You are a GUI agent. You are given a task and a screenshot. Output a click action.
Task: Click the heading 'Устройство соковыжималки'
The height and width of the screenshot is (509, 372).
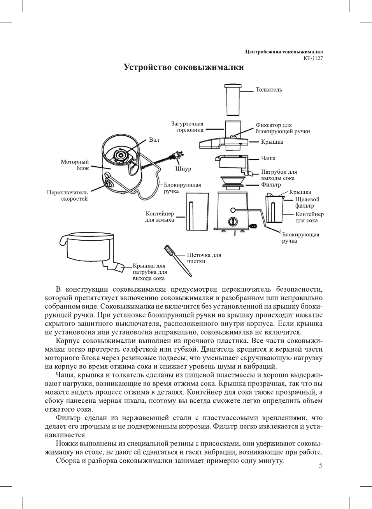pos(184,67)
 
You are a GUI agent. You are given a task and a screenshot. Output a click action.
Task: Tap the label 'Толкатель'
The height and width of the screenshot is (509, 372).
pos(268,90)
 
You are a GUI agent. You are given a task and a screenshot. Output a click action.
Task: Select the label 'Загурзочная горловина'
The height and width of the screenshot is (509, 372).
pos(188,127)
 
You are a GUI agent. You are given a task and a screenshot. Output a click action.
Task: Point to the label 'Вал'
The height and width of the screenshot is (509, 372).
pos(154,140)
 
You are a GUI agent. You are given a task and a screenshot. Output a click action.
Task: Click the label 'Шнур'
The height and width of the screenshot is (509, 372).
pos(183,169)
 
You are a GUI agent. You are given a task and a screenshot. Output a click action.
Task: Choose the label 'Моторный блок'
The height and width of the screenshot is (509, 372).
pos(75,165)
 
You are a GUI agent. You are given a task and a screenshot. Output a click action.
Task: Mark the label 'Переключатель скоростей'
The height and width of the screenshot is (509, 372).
pos(67,195)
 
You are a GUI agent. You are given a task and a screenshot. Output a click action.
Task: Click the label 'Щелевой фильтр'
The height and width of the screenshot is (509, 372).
pos(307,203)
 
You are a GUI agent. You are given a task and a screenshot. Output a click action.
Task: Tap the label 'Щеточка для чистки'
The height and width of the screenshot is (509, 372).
pos(204,258)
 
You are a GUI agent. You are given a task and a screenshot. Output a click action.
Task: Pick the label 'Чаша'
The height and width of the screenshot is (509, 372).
pos(268,158)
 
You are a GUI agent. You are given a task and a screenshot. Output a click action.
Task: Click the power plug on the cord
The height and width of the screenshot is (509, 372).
pos(177,155)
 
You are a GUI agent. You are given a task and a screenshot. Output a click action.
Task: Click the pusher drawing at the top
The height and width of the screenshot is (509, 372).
pos(233,100)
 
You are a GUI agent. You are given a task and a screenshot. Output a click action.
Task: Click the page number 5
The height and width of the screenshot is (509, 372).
pos(320,466)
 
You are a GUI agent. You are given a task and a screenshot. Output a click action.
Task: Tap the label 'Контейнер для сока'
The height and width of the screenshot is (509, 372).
pos(309,217)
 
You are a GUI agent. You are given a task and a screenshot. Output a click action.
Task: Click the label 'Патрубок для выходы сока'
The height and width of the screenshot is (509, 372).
pos(279,175)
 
